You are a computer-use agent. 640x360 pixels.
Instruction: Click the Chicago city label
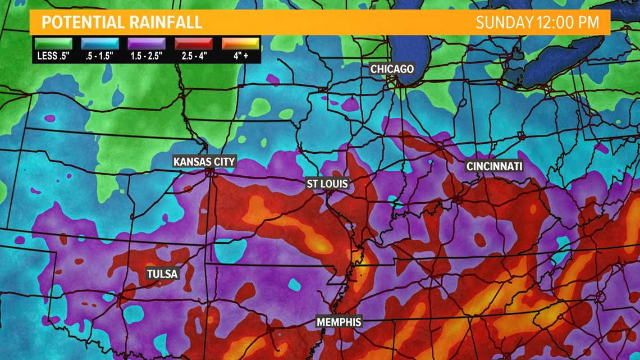tap(392, 69)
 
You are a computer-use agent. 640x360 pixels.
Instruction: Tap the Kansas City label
tap(204, 162)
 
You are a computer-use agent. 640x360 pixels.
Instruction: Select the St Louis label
tap(327, 184)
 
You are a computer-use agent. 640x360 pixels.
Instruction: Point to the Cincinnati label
tap(494, 166)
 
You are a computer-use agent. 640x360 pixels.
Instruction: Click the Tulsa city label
tap(162, 274)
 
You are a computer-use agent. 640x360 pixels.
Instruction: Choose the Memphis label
tap(339, 322)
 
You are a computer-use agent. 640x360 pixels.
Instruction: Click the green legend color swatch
tap(53, 43)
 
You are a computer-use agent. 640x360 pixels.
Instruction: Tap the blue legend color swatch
tap(100, 43)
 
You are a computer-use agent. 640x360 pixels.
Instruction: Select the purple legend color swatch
tap(147, 43)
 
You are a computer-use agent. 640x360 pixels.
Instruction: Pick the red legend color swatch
tap(193, 43)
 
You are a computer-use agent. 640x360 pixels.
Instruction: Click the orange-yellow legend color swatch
tap(240, 43)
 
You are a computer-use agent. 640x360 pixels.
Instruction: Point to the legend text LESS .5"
tap(53, 56)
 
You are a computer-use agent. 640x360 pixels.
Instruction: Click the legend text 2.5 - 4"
tap(193, 56)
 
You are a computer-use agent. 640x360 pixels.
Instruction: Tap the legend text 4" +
tap(240, 56)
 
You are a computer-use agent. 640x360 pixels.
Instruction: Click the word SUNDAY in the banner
tap(504, 22)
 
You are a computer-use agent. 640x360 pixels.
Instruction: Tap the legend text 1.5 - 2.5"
tap(147, 56)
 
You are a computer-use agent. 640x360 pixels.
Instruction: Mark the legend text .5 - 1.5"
tap(100, 56)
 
